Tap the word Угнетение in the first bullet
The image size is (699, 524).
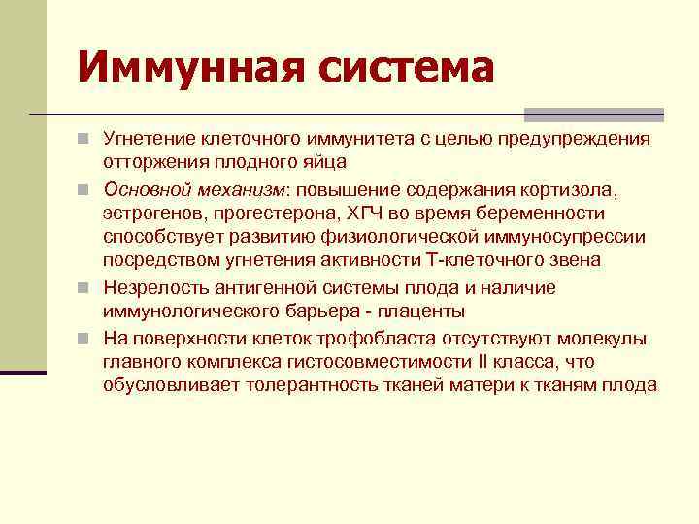pyautogui.click(x=147, y=141)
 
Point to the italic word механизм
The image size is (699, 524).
pyautogui.click(x=230, y=188)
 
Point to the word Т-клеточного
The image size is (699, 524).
pyautogui.click(x=477, y=259)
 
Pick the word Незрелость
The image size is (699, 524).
pyautogui.click(x=150, y=288)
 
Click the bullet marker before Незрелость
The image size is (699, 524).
pyautogui.click(x=88, y=288)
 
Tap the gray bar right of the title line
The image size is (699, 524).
pyautogui.click(x=593, y=115)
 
